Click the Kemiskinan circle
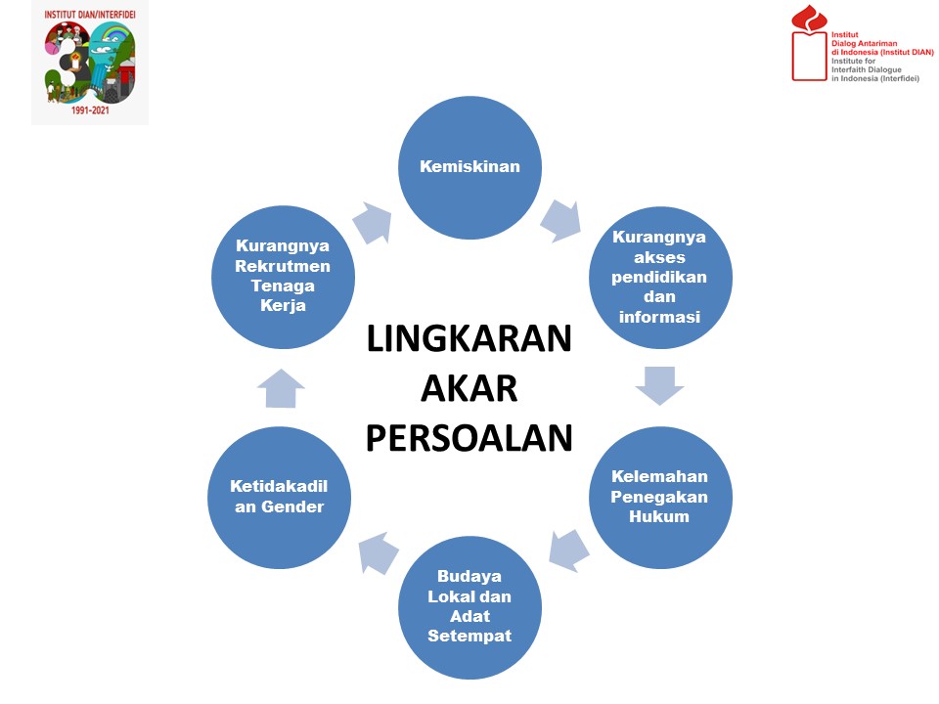pyautogui.click(x=470, y=167)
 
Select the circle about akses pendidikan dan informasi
pyautogui.click(x=660, y=278)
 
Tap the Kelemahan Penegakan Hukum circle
pyautogui.click(x=660, y=498)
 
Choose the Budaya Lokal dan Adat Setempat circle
pyautogui.click(x=470, y=607)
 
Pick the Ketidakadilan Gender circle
pyautogui.click(x=279, y=498)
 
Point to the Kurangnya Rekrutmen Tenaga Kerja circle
pyautogui.click(x=283, y=277)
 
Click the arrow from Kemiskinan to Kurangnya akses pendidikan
pyautogui.click(x=561, y=221)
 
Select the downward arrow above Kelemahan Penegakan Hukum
pyautogui.click(x=660, y=385)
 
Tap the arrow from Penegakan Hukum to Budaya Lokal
pyautogui.click(x=569, y=550)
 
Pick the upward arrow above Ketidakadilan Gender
pyautogui.click(x=281, y=388)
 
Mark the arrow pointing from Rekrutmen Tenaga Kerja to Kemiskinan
pyautogui.click(x=373, y=223)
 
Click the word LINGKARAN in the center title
pyautogui.click(x=469, y=339)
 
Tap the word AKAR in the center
pyautogui.click(x=469, y=388)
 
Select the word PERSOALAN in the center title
pyautogui.click(x=469, y=438)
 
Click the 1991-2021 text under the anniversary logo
pyautogui.click(x=90, y=110)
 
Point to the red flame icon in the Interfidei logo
pyautogui.click(x=809, y=19)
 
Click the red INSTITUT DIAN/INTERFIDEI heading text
pyautogui.click(x=90, y=15)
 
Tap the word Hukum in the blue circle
pyautogui.click(x=659, y=516)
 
